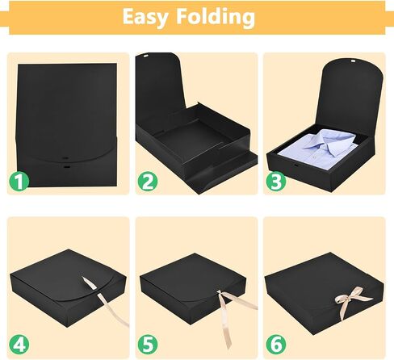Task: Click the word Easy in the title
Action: [x=145, y=18]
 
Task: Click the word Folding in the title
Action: [x=216, y=18]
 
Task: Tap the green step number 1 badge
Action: [x=19, y=182]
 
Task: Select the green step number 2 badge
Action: [x=148, y=182]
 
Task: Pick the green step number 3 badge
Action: [x=276, y=182]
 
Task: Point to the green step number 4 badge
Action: [x=19, y=345]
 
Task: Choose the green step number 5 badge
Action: [x=148, y=345]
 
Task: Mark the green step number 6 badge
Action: [x=276, y=345]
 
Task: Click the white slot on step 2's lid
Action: [x=145, y=57]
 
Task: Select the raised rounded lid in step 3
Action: [x=350, y=94]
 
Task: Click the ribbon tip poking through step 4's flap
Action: [x=89, y=283]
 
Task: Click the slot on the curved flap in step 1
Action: [x=65, y=158]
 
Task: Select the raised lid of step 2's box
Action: [x=160, y=87]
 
